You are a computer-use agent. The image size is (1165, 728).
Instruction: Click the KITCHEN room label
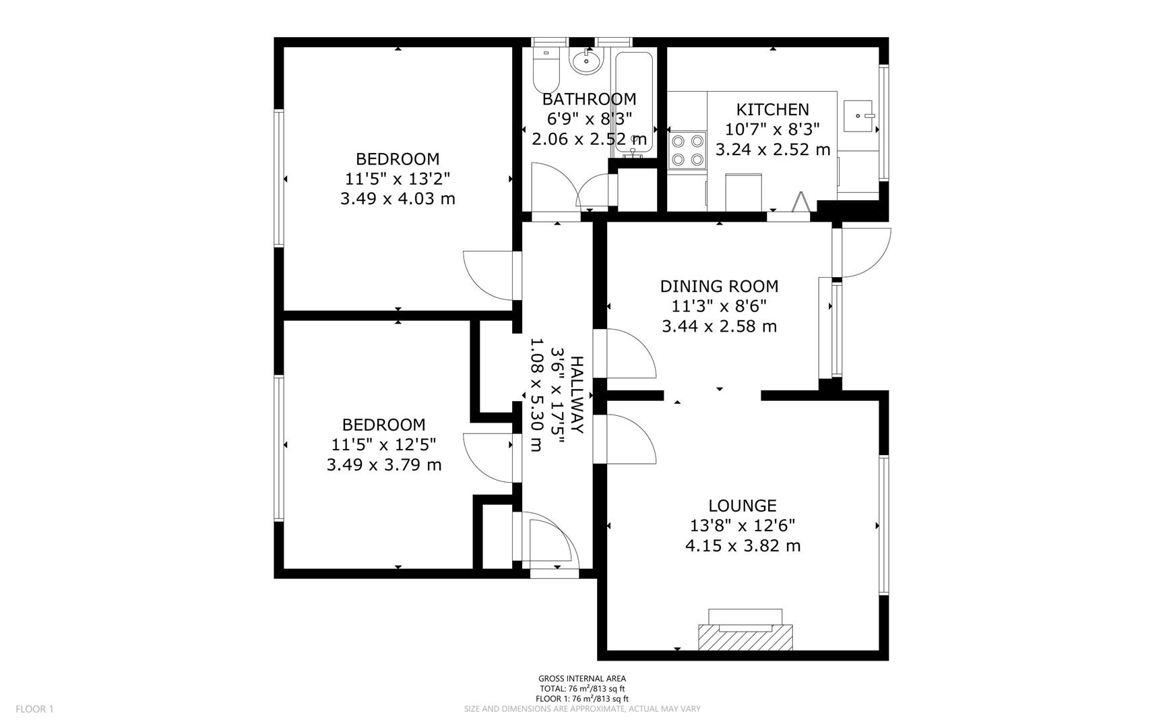pos(772,109)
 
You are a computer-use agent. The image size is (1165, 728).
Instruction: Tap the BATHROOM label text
pos(589,99)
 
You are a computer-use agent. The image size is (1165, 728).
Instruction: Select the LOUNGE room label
pos(743,506)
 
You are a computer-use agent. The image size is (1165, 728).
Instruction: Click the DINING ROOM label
pos(719,286)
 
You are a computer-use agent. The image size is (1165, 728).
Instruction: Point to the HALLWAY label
pos(577,395)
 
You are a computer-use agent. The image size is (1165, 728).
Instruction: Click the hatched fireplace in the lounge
pos(745,637)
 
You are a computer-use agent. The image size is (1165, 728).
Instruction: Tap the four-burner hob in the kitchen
pos(687,150)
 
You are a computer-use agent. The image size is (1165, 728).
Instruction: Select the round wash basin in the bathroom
pos(586,61)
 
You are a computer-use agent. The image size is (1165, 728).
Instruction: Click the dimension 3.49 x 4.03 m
pos(398,199)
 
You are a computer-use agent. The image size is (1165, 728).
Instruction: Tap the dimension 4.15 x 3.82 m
pos(743,545)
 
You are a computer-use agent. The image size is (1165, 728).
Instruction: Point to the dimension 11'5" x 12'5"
pos(384,445)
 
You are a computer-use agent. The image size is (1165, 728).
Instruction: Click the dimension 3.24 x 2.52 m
pos(772,149)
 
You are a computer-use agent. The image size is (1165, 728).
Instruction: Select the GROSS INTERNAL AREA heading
pos(581,679)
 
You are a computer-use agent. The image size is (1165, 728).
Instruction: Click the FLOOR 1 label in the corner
pos(34,708)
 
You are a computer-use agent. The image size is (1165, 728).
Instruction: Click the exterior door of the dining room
pos(862,253)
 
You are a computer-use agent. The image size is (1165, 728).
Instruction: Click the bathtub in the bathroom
pos(633,101)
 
